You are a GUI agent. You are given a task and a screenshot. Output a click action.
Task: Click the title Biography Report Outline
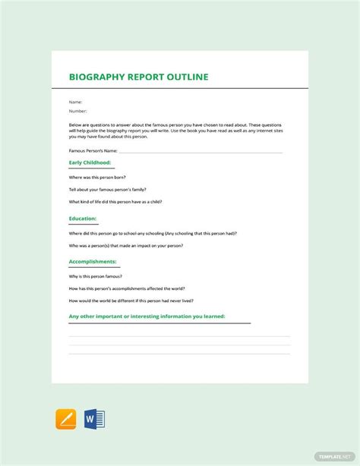[138, 77]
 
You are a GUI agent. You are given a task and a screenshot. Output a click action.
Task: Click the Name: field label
[75, 102]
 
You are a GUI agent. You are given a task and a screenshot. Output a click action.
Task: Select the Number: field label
[78, 111]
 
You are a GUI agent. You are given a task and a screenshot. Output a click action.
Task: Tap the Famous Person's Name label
[93, 152]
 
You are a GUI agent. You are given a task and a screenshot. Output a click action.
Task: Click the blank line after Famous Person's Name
[201, 153]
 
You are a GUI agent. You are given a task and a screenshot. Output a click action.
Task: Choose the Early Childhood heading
[90, 162]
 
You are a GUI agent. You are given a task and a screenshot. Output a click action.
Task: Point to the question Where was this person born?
[97, 177]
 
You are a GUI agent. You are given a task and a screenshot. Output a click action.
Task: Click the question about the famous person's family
[107, 189]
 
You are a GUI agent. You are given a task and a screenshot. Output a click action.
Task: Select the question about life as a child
[115, 202]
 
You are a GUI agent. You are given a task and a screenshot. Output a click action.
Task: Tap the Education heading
[83, 219]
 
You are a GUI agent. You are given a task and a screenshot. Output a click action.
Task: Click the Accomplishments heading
[93, 262]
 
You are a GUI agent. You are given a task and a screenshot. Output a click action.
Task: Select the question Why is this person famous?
[96, 277]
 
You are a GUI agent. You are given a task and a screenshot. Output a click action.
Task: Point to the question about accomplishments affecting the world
[126, 288]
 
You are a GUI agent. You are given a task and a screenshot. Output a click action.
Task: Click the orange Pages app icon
[66, 419]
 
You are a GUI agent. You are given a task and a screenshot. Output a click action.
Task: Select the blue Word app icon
[95, 419]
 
